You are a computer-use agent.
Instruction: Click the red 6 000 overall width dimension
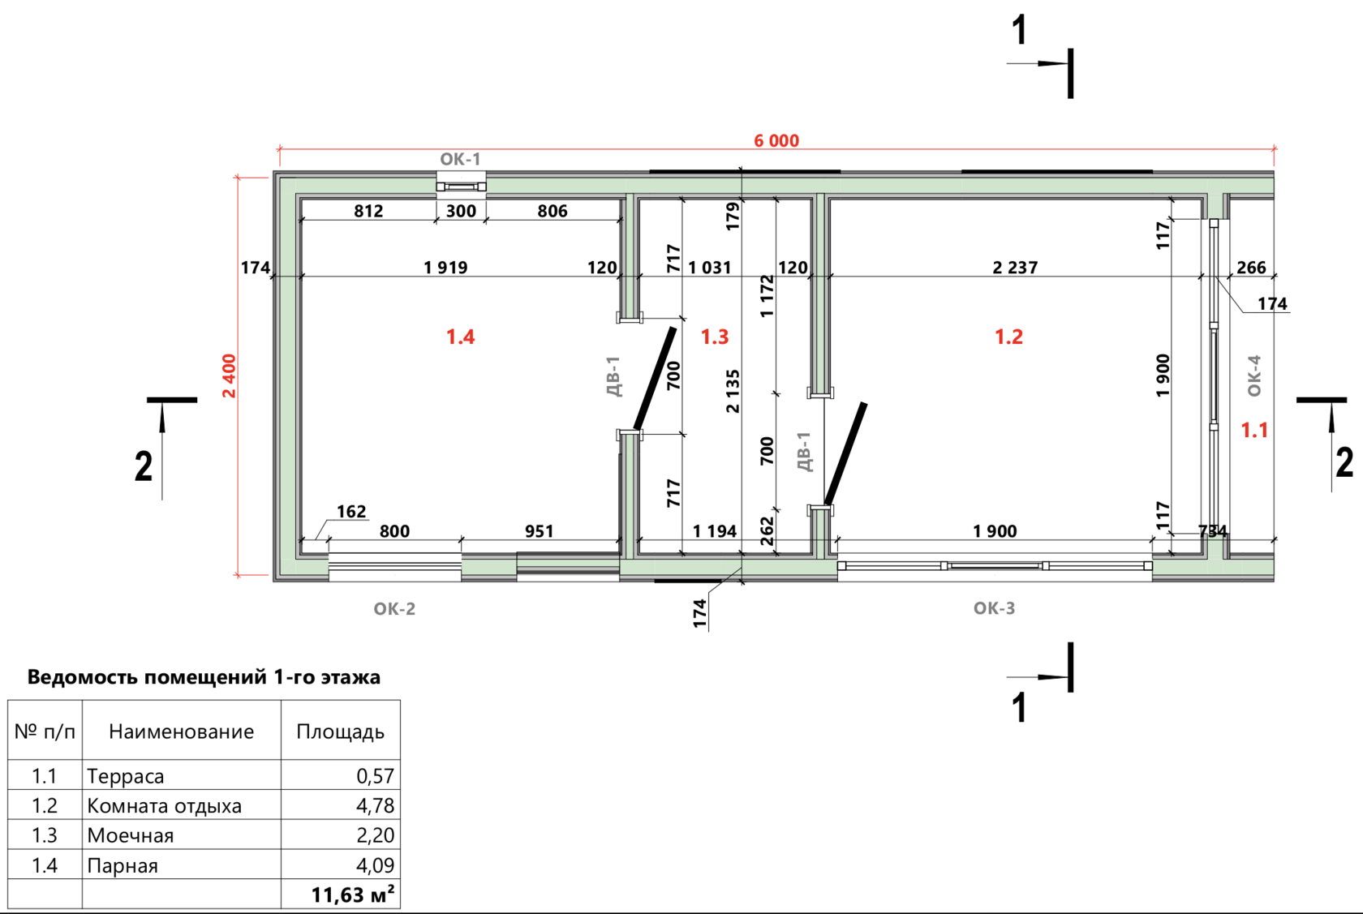776,140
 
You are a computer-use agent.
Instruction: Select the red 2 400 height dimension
229,375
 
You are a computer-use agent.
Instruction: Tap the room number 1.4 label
461,337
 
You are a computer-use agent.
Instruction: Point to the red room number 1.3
714,337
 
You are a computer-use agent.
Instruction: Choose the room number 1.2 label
1009,337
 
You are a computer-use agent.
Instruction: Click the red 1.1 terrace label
1254,430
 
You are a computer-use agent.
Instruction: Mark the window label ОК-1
460,159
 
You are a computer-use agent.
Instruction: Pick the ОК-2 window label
394,609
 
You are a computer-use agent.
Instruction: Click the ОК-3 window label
995,608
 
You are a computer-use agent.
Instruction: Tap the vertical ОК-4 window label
1254,375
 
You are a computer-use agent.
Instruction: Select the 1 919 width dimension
445,268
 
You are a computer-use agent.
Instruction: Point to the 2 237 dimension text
1015,268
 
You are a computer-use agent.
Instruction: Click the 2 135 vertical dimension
733,391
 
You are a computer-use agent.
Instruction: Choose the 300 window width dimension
461,211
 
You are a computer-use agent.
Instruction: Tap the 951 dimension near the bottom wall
539,531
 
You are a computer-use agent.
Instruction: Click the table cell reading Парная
123,865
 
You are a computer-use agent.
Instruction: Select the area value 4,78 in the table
375,806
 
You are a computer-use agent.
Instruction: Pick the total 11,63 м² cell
352,895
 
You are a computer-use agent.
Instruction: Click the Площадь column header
340,732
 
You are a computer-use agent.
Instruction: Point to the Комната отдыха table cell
164,806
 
